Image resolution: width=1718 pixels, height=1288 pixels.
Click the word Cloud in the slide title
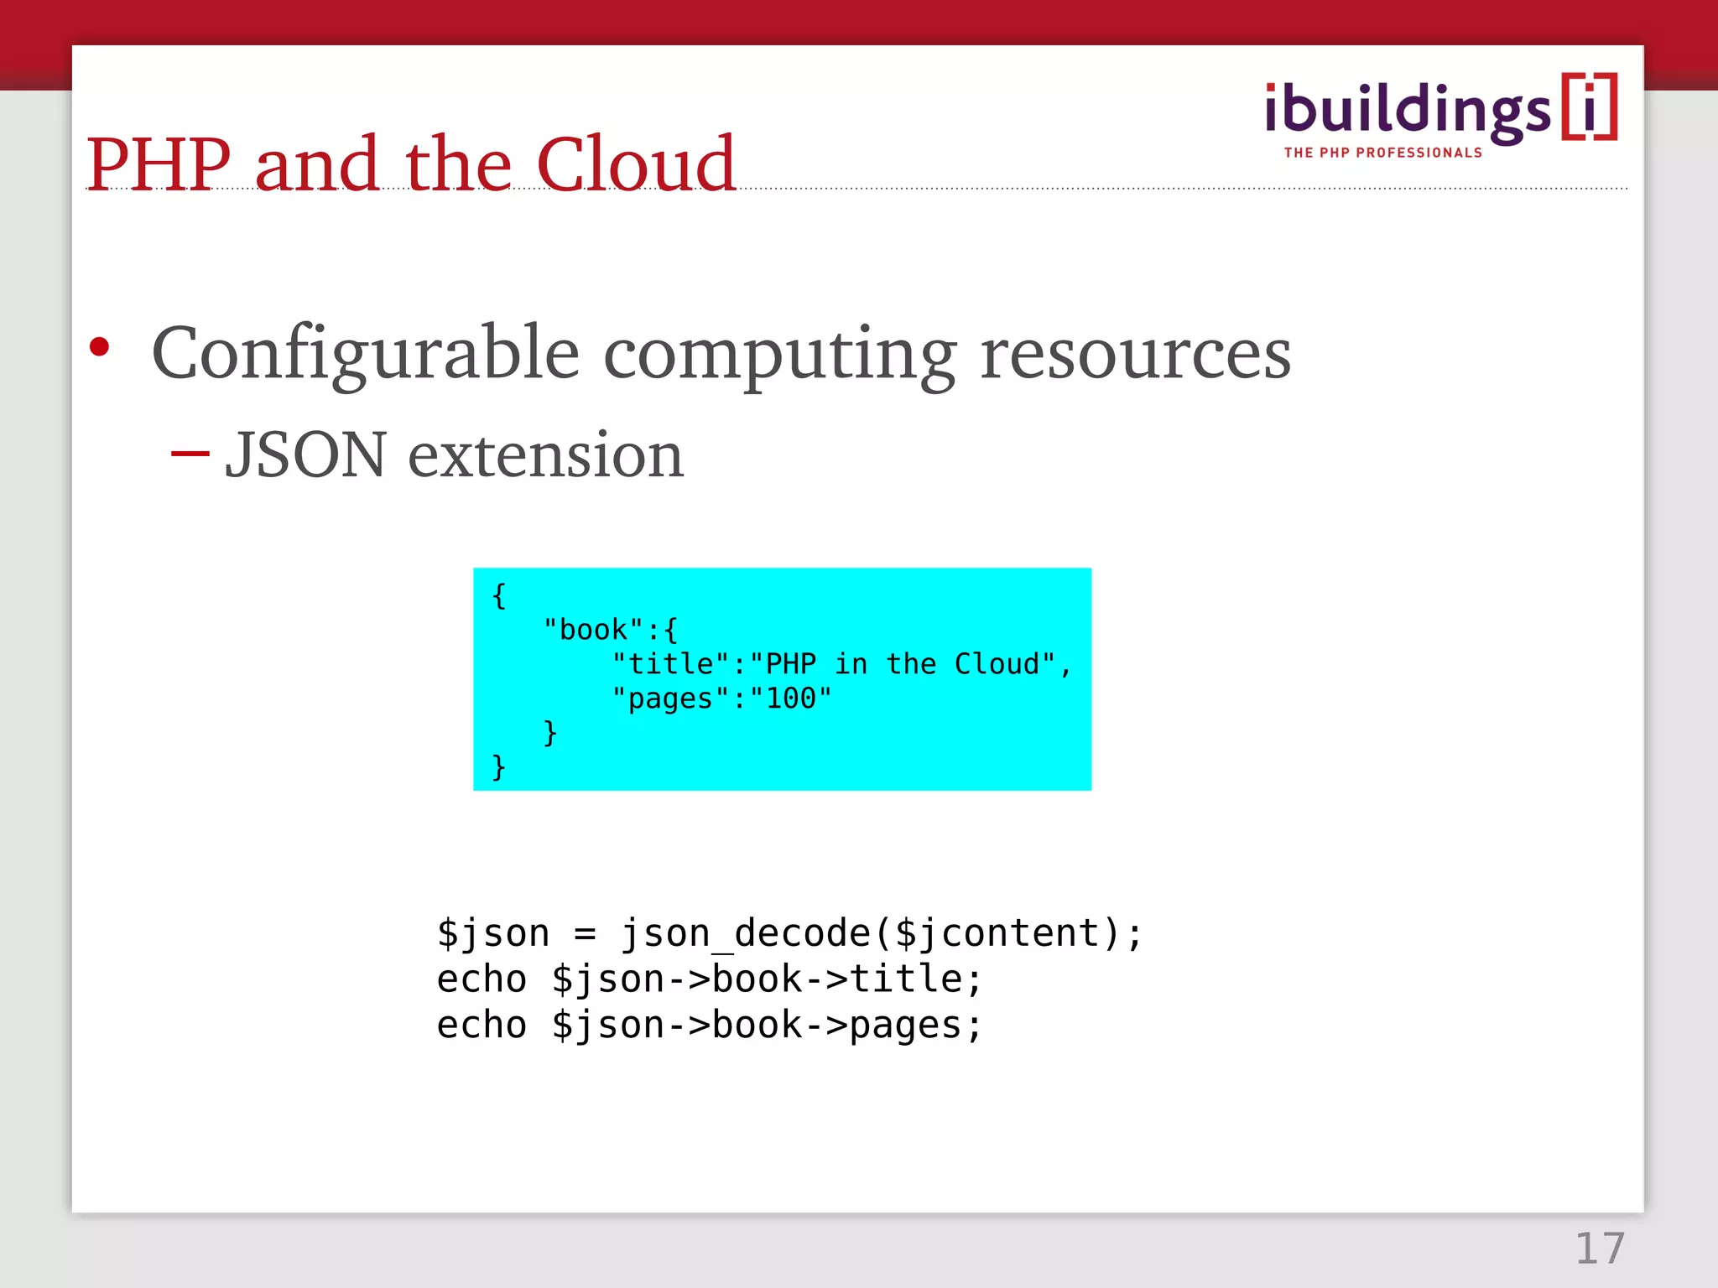[635, 164]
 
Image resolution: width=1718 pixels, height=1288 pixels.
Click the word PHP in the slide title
[159, 164]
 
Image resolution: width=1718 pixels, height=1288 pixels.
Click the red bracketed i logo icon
[1589, 107]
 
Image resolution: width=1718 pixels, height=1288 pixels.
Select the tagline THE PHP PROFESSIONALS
[1382, 153]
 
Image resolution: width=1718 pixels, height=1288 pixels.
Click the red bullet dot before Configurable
[100, 346]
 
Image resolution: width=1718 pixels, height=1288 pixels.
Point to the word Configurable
[365, 354]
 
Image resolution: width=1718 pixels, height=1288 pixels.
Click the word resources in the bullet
[1135, 354]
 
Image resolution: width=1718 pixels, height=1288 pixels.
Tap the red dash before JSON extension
[190, 454]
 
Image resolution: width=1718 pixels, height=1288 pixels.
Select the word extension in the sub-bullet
[545, 455]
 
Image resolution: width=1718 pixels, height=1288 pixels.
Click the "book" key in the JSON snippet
[593, 630]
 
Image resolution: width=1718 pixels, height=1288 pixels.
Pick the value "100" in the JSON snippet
[790, 699]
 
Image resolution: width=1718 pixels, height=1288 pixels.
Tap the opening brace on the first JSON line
[499, 595]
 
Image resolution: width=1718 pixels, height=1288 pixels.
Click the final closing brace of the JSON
[499, 766]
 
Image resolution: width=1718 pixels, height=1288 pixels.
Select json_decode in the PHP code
[746, 933]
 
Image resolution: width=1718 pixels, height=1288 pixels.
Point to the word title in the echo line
[906, 979]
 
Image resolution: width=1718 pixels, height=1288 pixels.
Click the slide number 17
[1600, 1249]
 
